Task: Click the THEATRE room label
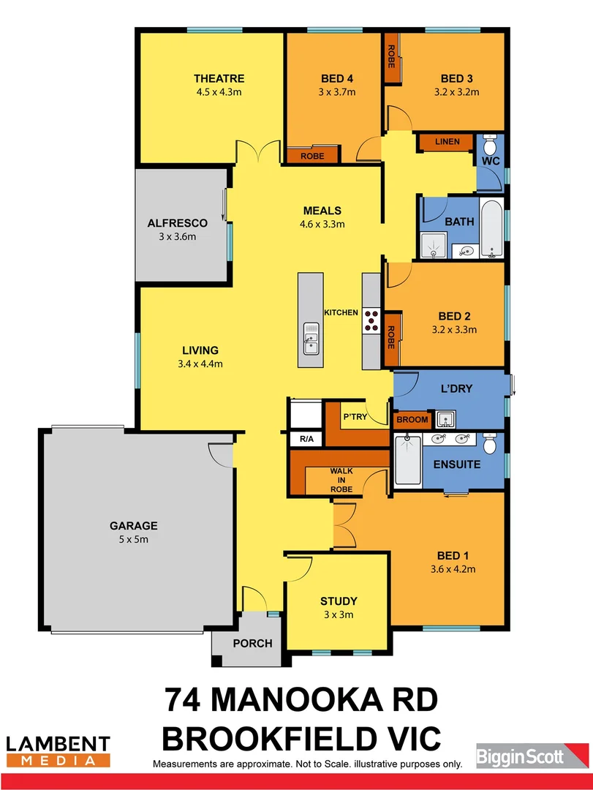click(219, 78)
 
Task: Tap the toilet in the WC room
click(490, 143)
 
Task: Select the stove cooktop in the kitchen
click(371, 317)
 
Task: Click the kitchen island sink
click(311, 340)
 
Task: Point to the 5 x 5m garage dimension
click(134, 539)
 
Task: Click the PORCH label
click(252, 644)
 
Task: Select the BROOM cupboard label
click(412, 420)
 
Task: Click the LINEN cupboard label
click(446, 141)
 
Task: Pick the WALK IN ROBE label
click(341, 480)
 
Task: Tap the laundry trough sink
click(445, 420)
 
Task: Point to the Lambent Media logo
click(58, 751)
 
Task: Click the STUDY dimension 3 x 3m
click(338, 614)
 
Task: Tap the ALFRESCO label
click(178, 222)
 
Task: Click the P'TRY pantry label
click(355, 416)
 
